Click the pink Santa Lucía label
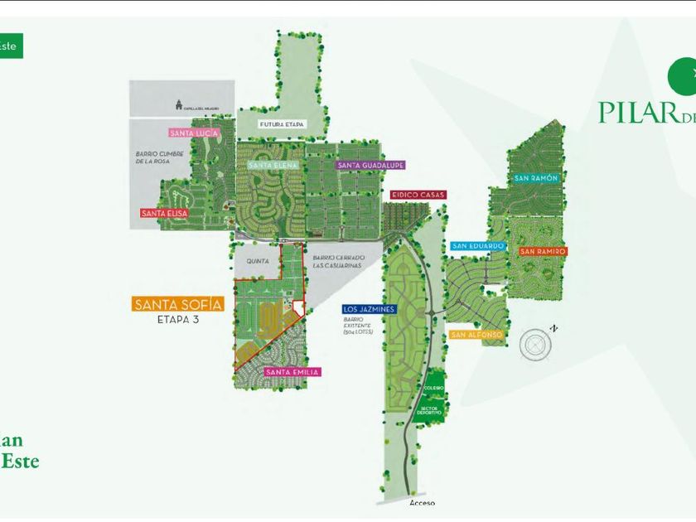195,133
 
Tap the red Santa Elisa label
164,213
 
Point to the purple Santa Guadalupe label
370,165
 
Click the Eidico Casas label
418,195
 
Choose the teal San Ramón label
536,178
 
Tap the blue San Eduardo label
478,246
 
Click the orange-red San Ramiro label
544,251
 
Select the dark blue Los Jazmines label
370,309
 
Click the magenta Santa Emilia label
292,372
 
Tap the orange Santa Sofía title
178,304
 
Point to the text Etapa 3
178,318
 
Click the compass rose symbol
535,343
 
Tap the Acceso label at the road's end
422,502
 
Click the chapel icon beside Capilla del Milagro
176,104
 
